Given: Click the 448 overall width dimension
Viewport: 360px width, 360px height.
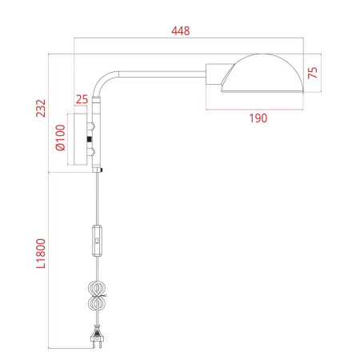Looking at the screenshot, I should point(185,32).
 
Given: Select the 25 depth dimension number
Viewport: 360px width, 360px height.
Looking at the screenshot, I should point(81,100).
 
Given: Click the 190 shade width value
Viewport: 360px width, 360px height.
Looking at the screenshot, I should point(256,118).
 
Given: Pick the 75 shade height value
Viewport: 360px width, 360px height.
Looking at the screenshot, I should point(313,73).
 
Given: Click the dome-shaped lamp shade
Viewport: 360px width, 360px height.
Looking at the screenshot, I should point(263,74).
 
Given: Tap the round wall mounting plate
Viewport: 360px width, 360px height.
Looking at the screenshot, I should point(81,141).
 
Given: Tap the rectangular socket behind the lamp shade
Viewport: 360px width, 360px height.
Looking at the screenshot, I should point(214,77).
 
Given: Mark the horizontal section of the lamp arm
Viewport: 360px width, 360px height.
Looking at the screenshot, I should point(160,74).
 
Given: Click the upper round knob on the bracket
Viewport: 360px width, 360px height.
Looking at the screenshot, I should point(90,129).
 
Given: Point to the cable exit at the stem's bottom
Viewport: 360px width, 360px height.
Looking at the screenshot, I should point(100,170).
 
